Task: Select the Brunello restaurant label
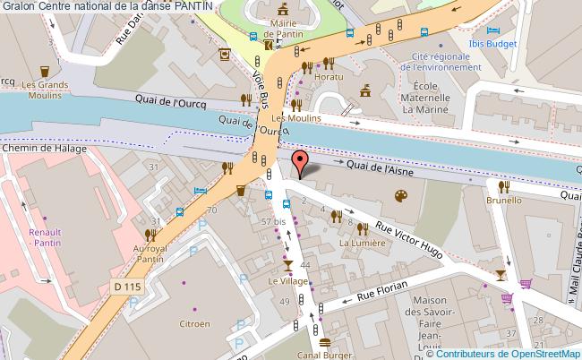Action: (505, 201)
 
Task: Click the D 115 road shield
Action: (129, 286)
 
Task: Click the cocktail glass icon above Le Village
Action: (287, 264)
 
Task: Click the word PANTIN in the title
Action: (194, 6)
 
